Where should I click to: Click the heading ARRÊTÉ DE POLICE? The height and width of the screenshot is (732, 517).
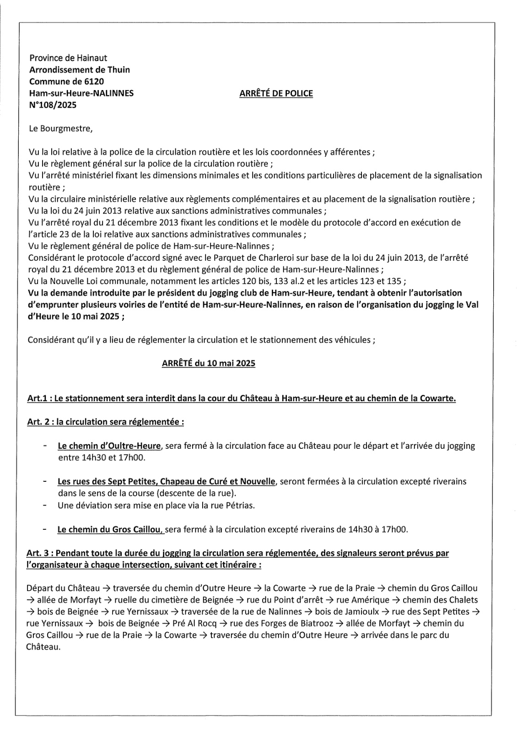click(x=276, y=93)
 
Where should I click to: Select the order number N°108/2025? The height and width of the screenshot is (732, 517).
click(x=53, y=105)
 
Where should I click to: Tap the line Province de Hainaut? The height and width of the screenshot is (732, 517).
click(x=68, y=58)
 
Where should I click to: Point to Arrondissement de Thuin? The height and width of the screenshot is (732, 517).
click(x=79, y=70)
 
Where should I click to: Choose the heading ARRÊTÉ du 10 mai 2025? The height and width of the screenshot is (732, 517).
click(x=208, y=363)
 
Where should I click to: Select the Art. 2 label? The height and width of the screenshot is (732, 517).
click(x=39, y=422)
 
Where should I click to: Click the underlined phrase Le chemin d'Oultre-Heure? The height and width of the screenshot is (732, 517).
click(x=109, y=446)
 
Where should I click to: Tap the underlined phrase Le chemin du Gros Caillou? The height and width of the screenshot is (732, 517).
click(x=110, y=530)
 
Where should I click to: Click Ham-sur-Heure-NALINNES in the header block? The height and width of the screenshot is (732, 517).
click(x=81, y=93)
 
